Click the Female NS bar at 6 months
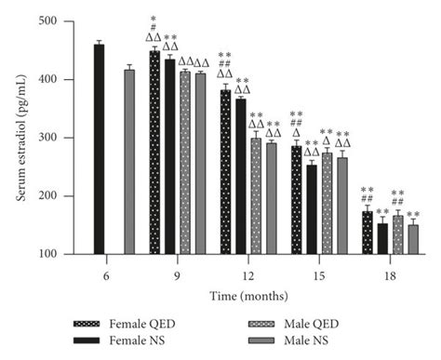pos(99,149)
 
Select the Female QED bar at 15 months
pos(296,200)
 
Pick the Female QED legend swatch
pos(91,324)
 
